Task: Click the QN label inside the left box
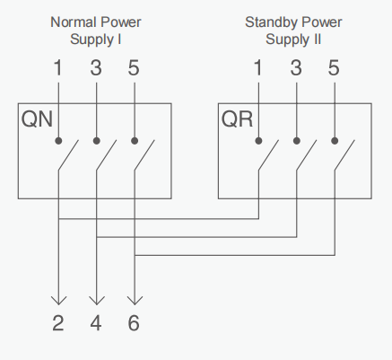pyautogui.click(x=37, y=119)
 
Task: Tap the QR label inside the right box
pyautogui.click(x=237, y=119)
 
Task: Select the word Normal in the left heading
pyautogui.click(x=74, y=22)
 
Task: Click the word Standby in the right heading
pyautogui.click(x=271, y=22)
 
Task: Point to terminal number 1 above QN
pyautogui.click(x=58, y=67)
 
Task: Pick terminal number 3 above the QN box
pyautogui.click(x=96, y=67)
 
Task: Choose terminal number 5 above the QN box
pyautogui.click(x=134, y=67)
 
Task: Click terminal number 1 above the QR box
pyautogui.click(x=258, y=67)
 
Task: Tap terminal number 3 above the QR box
pyautogui.click(x=296, y=67)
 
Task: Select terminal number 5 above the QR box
pyautogui.click(x=334, y=67)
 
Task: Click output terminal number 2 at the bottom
pyautogui.click(x=58, y=323)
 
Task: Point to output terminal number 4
pyautogui.click(x=96, y=323)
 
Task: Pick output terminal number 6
pyautogui.click(x=134, y=323)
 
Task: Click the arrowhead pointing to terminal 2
pyautogui.click(x=58, y=301)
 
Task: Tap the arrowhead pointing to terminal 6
pyautogui.click(x=135, y=301)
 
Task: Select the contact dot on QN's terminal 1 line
pyautogui.click(x=58, y=141)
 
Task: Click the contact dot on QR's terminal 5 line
pyautogui.click(x=335, y=141)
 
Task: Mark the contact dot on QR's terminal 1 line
pyautogui.click(x=258, y=141)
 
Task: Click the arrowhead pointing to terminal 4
pyautogui.click(x=97, y=301)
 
